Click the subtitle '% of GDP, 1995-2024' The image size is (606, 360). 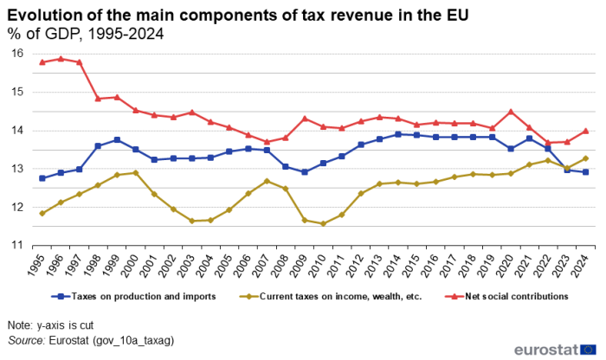pos(86,34)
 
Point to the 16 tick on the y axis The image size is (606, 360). pos(16,54)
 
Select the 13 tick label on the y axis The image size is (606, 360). pos(16,169)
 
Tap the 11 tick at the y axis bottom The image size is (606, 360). pos(16,246)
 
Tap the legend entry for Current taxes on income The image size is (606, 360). pos(334,296)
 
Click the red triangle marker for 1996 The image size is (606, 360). pos(61,59)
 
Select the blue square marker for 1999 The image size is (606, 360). pos(117,139)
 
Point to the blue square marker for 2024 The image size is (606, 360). pos(587,172)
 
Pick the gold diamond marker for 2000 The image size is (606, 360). pos(136,173)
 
